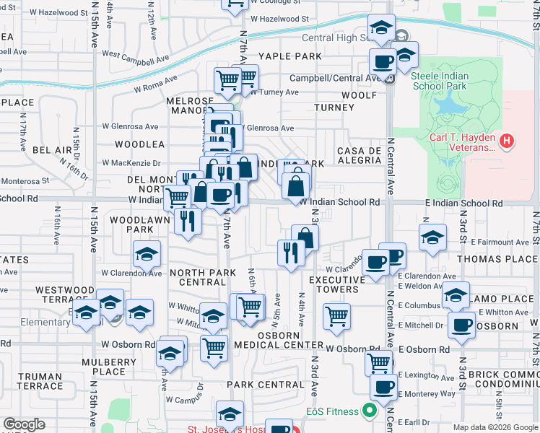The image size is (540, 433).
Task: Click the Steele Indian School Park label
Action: click(x=440, y=81)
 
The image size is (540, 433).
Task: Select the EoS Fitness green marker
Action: click(x=370, y=412)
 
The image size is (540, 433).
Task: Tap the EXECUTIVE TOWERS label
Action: click(x=334, y=284)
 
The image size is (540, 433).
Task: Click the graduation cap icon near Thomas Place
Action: click(x=432, y=237)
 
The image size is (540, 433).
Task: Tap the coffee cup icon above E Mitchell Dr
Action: click(x=461, y=323)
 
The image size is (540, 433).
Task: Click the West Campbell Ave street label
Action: click(x=131, y=54)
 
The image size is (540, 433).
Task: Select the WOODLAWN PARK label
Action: click(x=131, y=224)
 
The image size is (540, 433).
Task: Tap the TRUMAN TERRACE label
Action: click(x=40, y=381)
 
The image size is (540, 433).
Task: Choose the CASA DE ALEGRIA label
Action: click(x=359, y=155)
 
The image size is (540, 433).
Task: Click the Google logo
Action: click(x=25, y=424)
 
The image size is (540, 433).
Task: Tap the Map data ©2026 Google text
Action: click(x=495, y=427)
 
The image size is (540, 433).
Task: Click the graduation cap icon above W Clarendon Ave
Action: click(x=146, y=254)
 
